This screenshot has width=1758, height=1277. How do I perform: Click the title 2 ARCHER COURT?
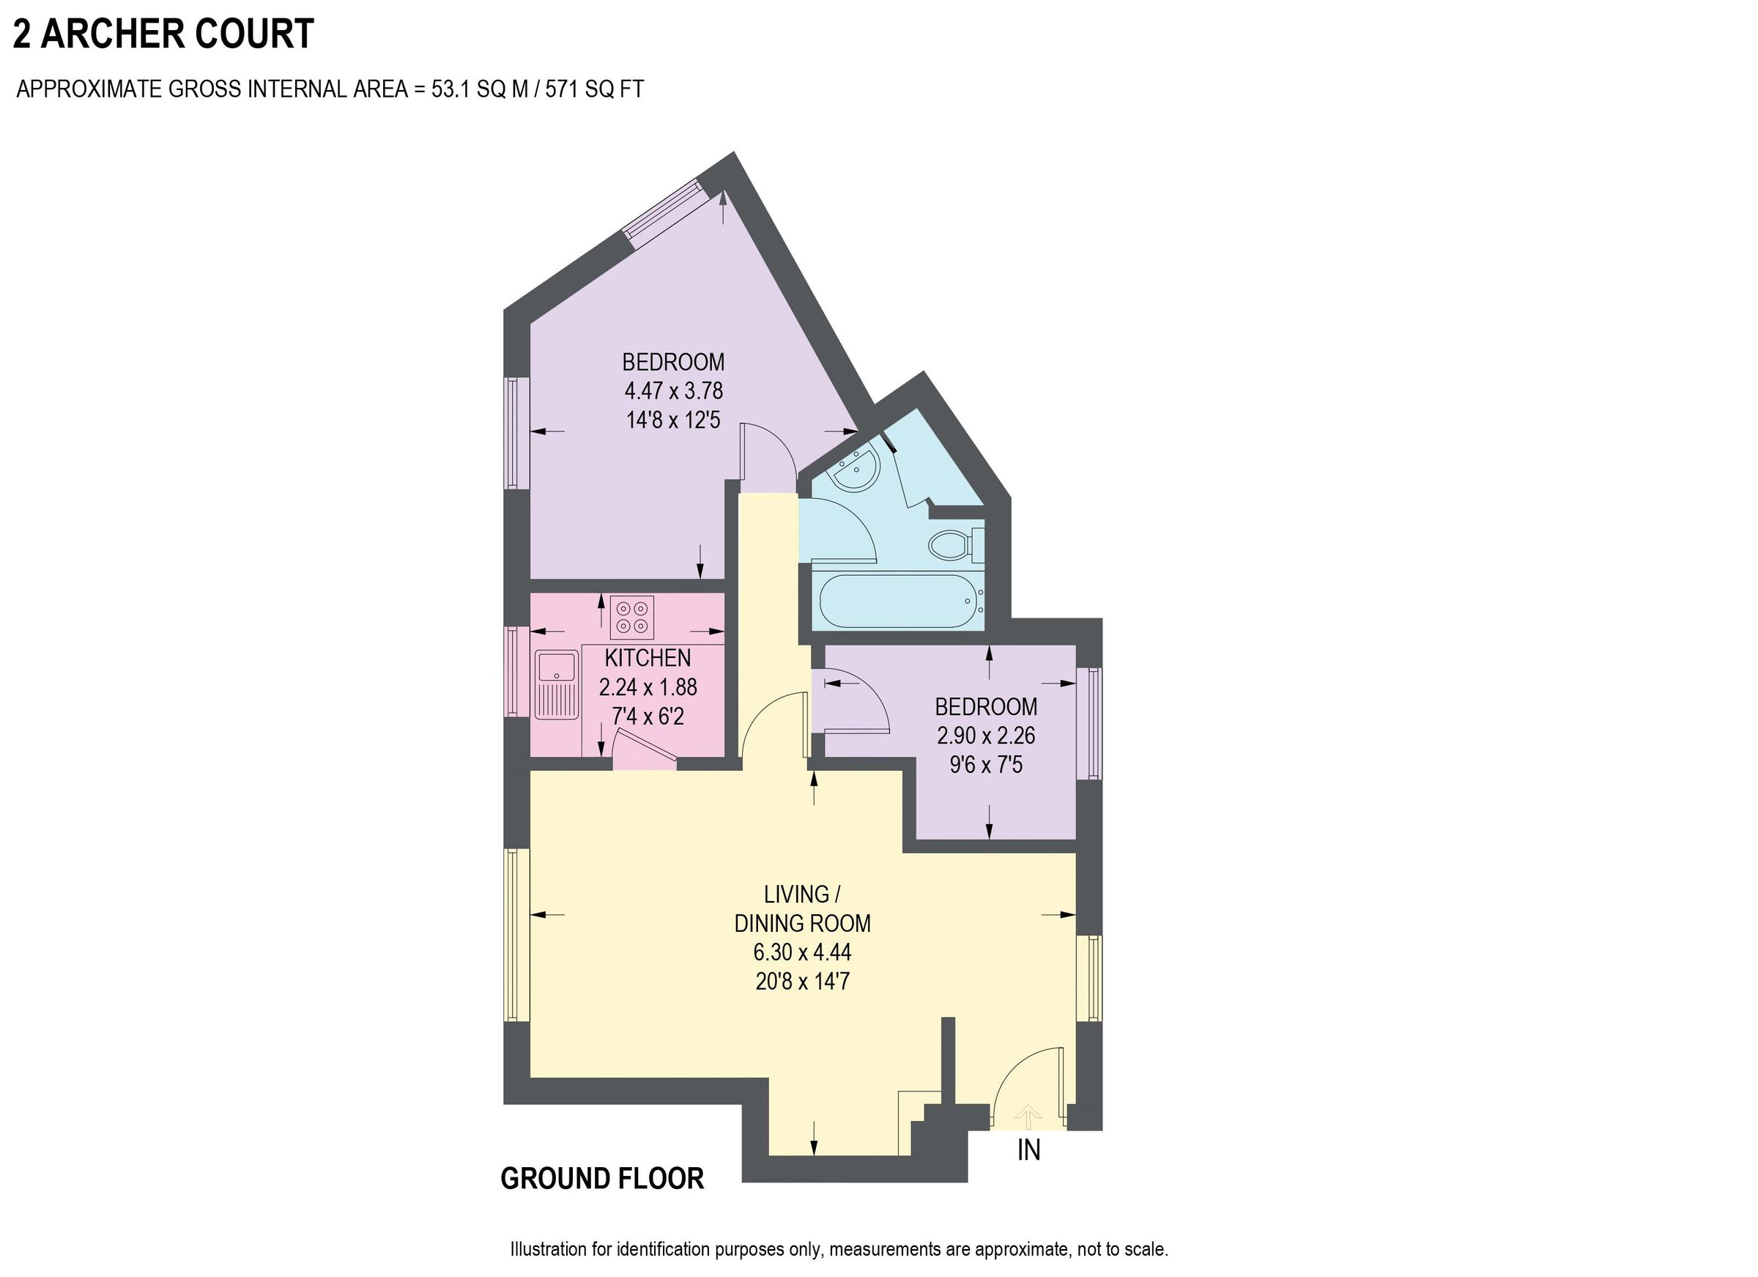point(163,34)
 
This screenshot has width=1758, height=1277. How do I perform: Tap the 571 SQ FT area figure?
point(594,90)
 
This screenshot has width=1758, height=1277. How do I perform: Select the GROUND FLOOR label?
point(601,1178)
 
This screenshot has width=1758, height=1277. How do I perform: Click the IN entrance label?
point(1028,1150)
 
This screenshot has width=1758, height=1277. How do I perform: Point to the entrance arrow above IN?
point(1028,1117)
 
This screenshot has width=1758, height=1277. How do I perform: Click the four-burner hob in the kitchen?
point(631,617)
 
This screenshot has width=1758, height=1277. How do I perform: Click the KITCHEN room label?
point(648,658)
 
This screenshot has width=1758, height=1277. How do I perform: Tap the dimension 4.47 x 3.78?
point(674,390)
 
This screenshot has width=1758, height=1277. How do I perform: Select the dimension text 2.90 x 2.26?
point(986,735)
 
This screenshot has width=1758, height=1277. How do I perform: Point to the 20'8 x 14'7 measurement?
point(802,982)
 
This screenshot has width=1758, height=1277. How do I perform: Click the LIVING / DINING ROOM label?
point(802,908)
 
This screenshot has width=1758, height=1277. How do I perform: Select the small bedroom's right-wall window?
point(1094,722)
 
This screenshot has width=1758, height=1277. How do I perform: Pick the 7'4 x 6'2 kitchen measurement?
point(648,717)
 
